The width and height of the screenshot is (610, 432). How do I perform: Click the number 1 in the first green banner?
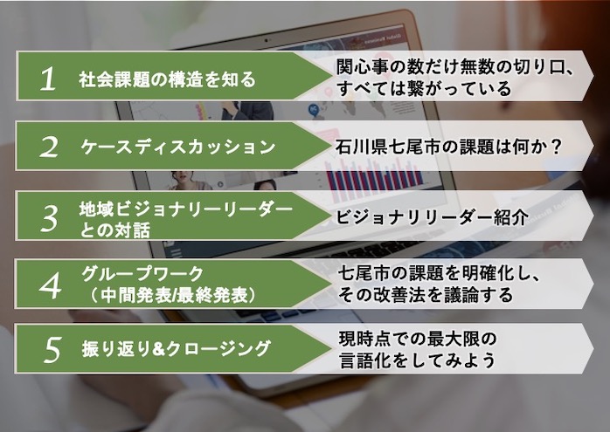[48, 79]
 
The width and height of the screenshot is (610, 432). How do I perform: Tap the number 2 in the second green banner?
[49, 147]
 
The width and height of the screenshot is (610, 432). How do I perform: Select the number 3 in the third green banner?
[50, 219]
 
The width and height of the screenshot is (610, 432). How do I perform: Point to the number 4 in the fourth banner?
[50, 286]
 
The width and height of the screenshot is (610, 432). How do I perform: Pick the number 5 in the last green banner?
[52, 350]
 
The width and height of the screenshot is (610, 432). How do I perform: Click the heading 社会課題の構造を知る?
[167, 79]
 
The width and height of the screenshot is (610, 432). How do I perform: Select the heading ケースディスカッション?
[177, 147]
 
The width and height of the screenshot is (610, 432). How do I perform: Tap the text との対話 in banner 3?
[114, 230]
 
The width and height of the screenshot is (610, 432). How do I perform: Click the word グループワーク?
[142, 274]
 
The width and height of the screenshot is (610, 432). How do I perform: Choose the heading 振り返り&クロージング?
[176, 348]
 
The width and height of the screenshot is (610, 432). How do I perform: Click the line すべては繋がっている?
[424, 88]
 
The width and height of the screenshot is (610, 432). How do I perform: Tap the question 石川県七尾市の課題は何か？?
[448, 147]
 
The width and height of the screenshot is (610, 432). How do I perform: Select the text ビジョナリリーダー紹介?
[432, 217]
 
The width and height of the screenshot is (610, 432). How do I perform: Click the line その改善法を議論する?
[426, 295]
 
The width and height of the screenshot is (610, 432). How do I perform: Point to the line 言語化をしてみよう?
[417, 360]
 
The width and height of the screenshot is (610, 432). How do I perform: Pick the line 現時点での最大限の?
[418, 339]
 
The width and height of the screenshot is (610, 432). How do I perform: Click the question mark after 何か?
[557, 147]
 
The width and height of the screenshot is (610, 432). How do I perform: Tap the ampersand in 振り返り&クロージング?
[159, 349]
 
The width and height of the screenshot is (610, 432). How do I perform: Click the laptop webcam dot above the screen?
[266, 40]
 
